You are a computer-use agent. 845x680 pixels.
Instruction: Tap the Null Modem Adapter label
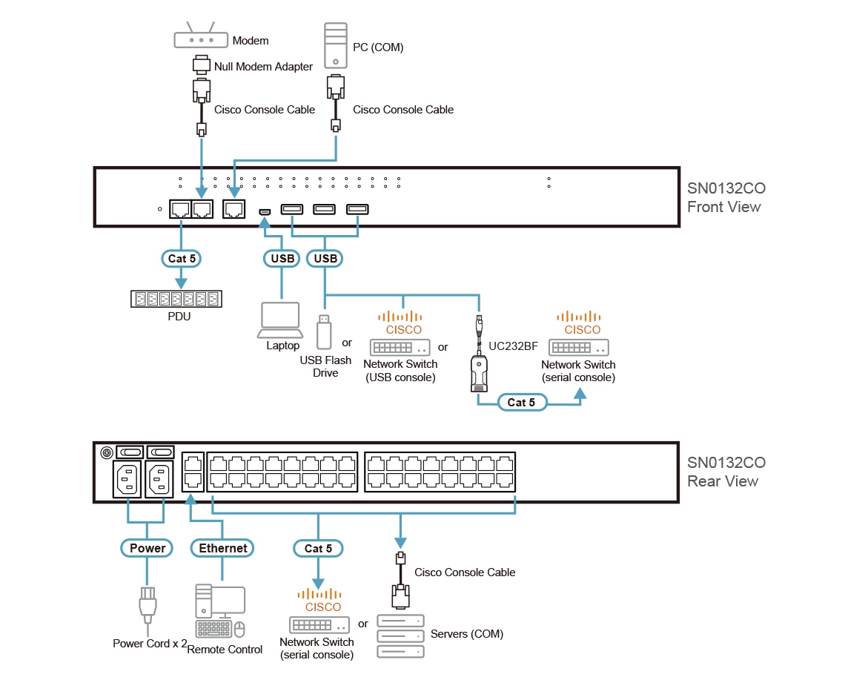pyautogui.click(x=263, y=67)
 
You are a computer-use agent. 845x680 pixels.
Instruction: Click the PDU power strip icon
pyautogui.click(x=176, y=299)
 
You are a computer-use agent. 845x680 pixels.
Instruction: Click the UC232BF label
pyautogui.click(x=513, y=346)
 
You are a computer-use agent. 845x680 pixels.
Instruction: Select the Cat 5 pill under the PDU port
pyautogui.click(x=182, y=258)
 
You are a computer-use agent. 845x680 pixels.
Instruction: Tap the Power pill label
pyautogui.click(x=148, y=548)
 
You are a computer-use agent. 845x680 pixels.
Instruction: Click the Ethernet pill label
pyautogui.click(x=222, y=548)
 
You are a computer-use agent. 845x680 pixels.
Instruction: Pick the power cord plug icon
pyautogui.click(x=148, y=604)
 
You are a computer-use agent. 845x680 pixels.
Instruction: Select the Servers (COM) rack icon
pyautogui.click(x=400, y=636)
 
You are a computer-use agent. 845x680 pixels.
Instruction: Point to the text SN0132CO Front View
pyautogui.click(x=726, y=197)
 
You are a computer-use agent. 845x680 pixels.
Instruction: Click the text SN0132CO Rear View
pyautogui.click(x=726, y=472)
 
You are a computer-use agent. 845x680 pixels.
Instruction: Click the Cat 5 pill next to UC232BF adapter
pyautogui.click(x=521, y=402)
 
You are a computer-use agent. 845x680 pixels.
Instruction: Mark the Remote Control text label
pyautogui.click(x=225, y=650)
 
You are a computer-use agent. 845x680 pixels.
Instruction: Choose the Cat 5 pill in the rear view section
pyautogui.click(x=318, y=548)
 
